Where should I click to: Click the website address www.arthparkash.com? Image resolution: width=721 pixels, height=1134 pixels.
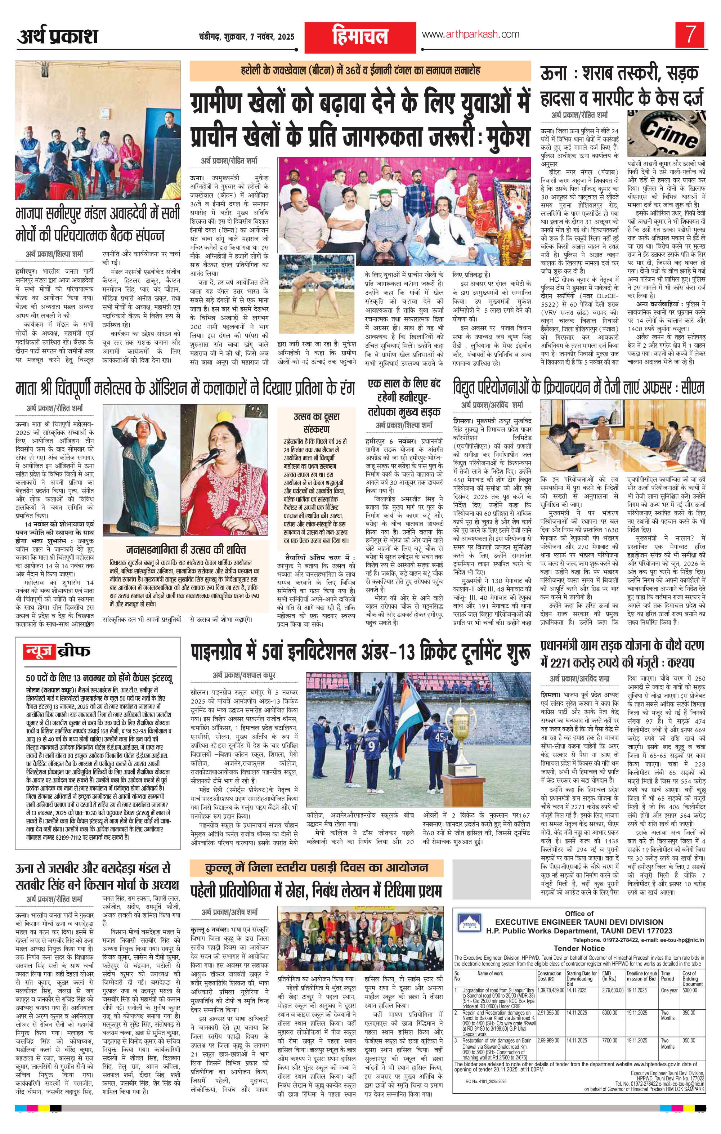(x=470, y=34)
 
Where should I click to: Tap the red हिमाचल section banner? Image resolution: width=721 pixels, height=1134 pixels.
(x=360, y=37)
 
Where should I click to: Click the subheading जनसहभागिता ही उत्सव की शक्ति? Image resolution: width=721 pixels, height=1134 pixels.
(x=186, y=550)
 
